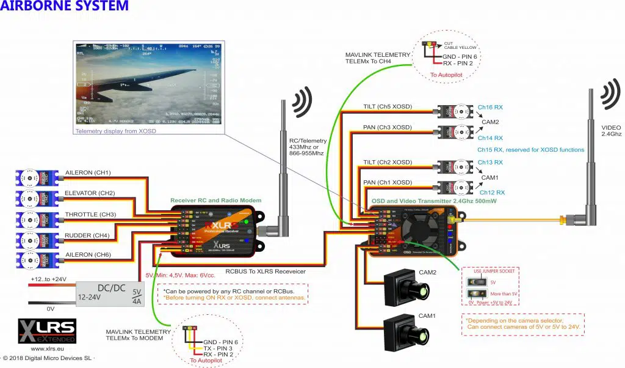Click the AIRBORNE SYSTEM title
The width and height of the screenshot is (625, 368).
tap(65, 7)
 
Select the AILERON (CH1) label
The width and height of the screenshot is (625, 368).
tap(89, 173)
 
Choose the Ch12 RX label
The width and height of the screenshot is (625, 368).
tap(490, 193)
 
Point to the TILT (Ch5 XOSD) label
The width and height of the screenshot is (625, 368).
tap(388, 107)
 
